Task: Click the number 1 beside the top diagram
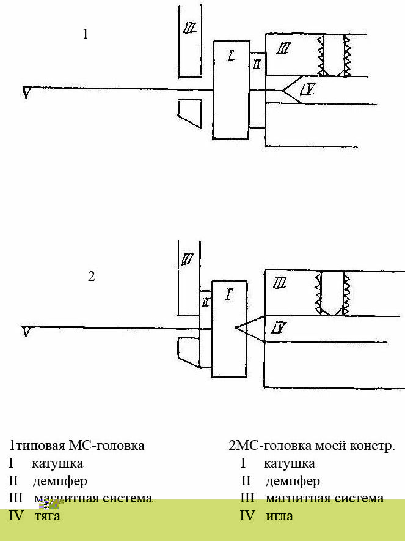[x=86, y=34]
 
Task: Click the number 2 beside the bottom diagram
[x=92, y=276]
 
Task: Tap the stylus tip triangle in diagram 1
[x=26, y=92]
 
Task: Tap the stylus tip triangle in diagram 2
[x=26, y=331]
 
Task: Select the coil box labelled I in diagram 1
[x=232, y=89]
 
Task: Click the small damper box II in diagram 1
[x=257, y=64]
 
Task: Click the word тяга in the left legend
[x=47, y=516]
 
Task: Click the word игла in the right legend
[x=279, y=516]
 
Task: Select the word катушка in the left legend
[x=57, y=463]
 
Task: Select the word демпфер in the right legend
[x=293, y=481]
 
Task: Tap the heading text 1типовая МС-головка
[x=77, y=446]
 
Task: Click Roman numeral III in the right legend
[x=247, y=498]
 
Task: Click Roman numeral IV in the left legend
[x=16, y=516]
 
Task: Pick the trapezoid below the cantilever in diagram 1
[x=189, y=114]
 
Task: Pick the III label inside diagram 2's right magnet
[x=280, y=283]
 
